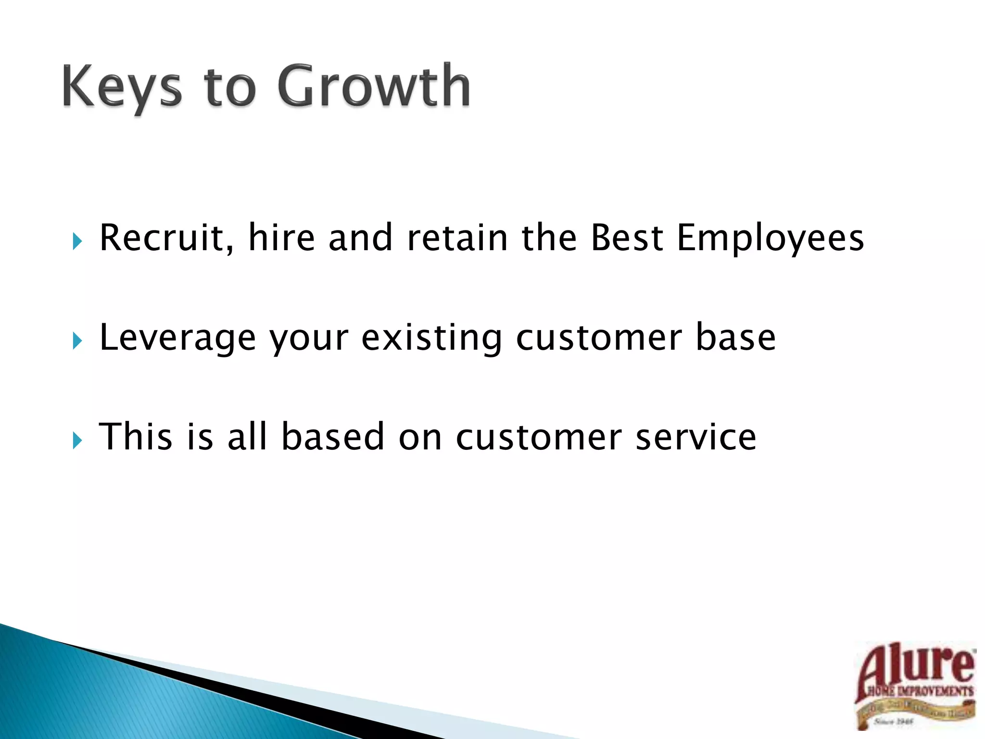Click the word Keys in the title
[x=122, y=87]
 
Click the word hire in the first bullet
[x=281, y=238]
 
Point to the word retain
[x=457, y=238]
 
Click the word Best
[x=627, y=238]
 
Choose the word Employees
[x=770, y=239]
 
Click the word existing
[x=431, y=338]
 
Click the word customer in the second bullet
[x=599, y=338]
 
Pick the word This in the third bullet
[x=135, y=436]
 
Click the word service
[x=695, y=436]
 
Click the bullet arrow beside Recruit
[x=77, y=241]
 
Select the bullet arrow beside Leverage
[x=77, y=341]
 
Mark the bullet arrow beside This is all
[x=77, y=440]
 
